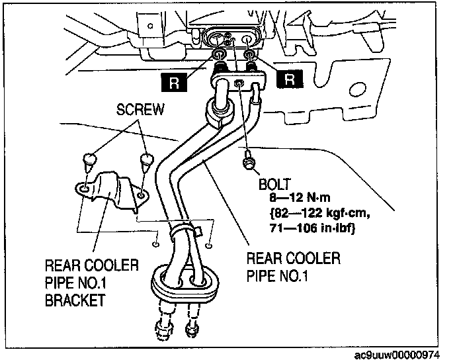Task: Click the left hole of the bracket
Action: (x=83, y=190)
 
